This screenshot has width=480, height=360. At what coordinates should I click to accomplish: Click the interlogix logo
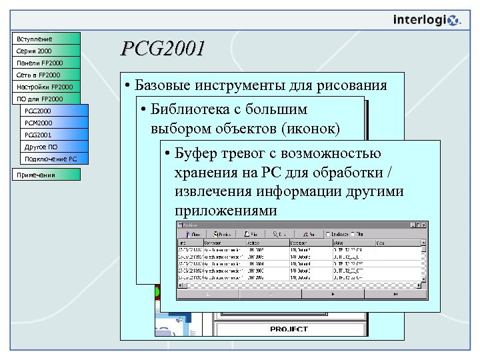[x=426, y=20]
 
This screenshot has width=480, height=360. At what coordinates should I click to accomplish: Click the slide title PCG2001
[x=163, y=49]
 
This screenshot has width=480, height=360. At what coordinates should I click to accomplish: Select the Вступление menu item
[x=46, y=39]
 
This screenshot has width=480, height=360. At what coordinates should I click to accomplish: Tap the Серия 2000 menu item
[x=46, y=51]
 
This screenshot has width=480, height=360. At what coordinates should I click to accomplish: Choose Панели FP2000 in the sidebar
[x=46, y=63]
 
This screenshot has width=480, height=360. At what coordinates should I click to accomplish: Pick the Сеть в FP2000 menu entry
[x=46, y=75]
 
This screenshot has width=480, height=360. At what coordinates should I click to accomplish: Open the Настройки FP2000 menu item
[x=46, y=87]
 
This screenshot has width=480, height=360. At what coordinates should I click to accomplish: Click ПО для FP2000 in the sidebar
[x=46, y=99]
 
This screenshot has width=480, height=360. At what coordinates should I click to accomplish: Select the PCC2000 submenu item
[x=53, y=111]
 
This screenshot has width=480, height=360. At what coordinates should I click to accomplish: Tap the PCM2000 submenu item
[x=53, y=123]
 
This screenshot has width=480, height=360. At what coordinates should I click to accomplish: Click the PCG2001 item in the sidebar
[x=53, y=135]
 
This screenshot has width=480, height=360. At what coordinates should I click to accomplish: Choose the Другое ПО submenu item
[x=53, y=147]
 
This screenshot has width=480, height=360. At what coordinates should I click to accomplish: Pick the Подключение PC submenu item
[x=53, y=159]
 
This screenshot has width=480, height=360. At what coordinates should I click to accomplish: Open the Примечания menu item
[x=46, y=175]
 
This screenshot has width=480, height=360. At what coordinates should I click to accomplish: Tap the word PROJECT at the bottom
[x=289, y=329]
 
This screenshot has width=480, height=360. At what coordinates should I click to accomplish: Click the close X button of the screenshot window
[x=422, y=227]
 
